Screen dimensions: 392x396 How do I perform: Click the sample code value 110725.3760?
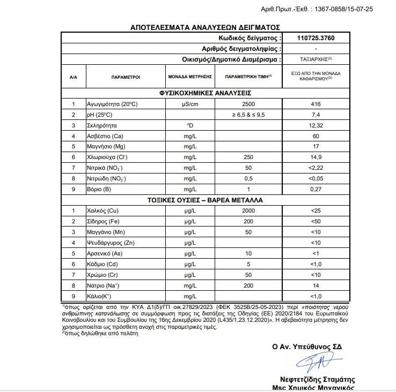pyautogui.click(x=315, y=39)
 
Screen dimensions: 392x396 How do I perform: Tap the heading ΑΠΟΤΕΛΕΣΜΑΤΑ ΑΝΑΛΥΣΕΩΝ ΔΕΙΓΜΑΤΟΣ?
pyautogui.click(x=205, y=27)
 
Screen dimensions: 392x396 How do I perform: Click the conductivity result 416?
pyautogui.click(x=315, y=104)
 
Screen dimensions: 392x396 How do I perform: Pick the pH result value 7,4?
pyautogui.click(x=315, y=115)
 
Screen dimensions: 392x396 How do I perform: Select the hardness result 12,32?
pyautogui.click(x=315, y=125)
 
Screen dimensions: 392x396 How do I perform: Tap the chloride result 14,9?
pyautogui.click(x=315, y=157)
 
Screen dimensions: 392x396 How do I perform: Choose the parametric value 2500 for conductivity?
pyautogui.click(x=248, y=104)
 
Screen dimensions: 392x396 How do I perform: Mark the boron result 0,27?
pyautogui.click(x=315, y=189)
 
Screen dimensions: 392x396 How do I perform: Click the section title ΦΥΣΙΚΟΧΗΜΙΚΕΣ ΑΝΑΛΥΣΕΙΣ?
pyautogui.click(x=206, y=93)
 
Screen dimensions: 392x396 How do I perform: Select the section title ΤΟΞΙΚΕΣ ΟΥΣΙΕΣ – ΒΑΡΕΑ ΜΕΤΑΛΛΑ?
pyautogui.click(x=206, y=200)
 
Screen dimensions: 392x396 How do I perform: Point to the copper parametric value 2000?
pyautogui.click(x=248, y=211)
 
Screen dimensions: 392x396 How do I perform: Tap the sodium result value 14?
pyautogui.click(x=315, y=285)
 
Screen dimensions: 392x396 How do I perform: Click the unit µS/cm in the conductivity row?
pyautogui.click(x=190, y=104)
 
